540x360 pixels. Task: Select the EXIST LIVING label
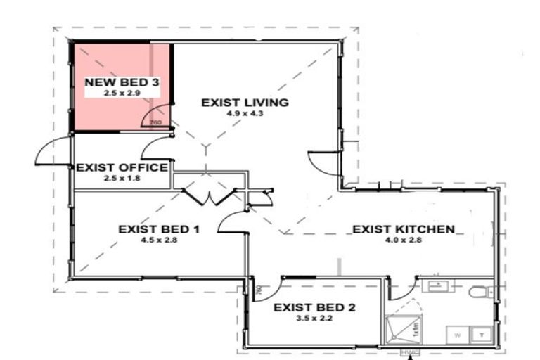pos(245,103)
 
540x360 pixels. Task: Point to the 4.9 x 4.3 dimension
pos(245,113)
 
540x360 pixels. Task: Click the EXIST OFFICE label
pos(122,167)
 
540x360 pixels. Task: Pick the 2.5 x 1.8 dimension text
pos(122,179)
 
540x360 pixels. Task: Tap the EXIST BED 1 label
pos(160,229)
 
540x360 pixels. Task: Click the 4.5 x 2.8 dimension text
pos(160,240)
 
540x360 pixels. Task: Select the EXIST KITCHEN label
pos(403,229)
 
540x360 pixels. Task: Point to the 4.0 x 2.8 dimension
pos(403,240)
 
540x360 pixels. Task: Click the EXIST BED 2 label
pos(314,307)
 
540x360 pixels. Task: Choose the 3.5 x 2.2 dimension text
pos(314,318)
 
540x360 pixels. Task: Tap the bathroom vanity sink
pos(437,285)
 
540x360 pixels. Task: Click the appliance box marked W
pos(458,335)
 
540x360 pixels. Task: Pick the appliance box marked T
pos(483,335)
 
